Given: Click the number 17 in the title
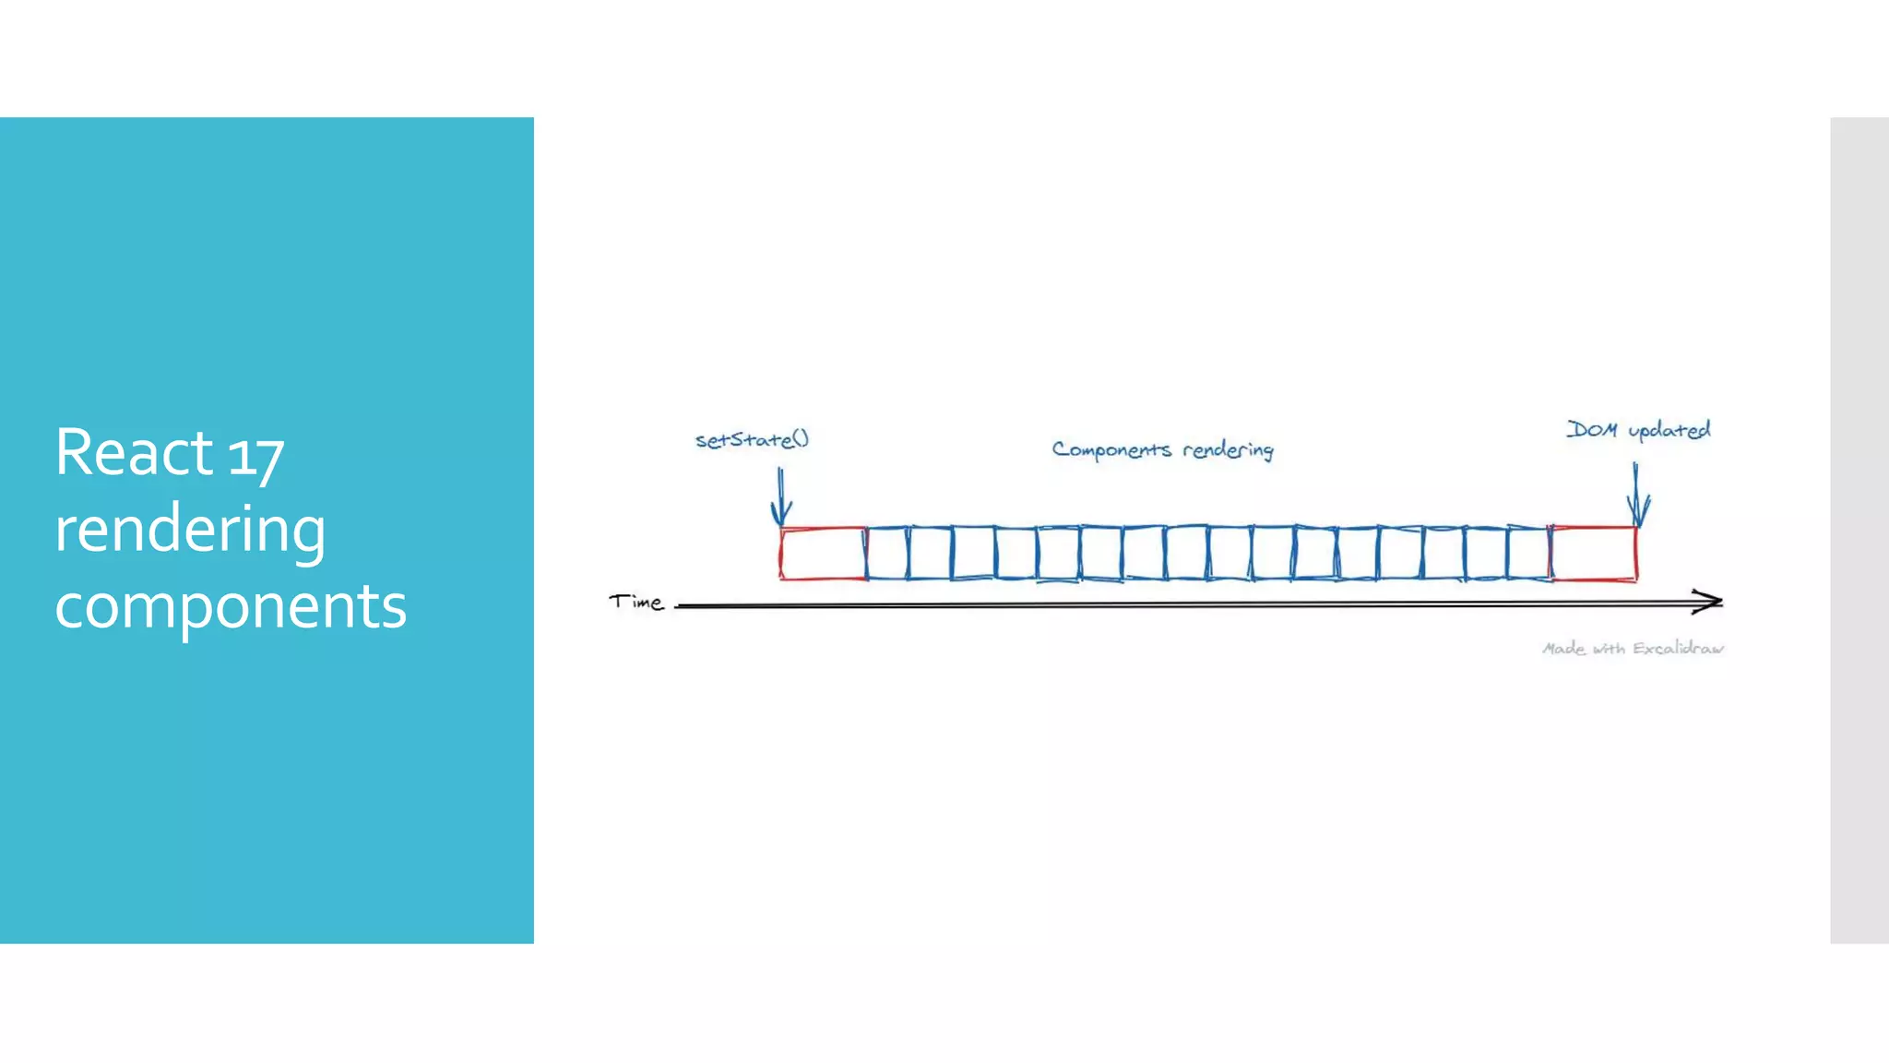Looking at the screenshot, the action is [255, 457].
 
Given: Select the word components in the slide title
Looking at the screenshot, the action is [231, 606].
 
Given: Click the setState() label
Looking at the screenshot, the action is [752, 440].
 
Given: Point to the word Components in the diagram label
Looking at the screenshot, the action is [1111, 449].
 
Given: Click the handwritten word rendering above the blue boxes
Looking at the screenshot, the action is [1228, 450].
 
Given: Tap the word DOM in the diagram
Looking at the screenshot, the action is [1592, 429].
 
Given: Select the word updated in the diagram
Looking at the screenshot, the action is [1669, 430].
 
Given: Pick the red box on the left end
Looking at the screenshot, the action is [823, 554].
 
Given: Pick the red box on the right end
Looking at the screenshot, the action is [1594, 554].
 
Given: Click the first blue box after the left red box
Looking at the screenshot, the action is [887, 554].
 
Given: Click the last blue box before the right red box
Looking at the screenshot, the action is [1528, 554].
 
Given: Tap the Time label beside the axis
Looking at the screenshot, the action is [636, 603].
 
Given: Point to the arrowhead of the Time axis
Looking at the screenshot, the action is [1711, 602].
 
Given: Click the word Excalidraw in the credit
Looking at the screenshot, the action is [1677, 649].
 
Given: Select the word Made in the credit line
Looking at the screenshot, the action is [1563, 649].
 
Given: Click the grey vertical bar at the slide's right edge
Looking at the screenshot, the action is [1859, 530].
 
